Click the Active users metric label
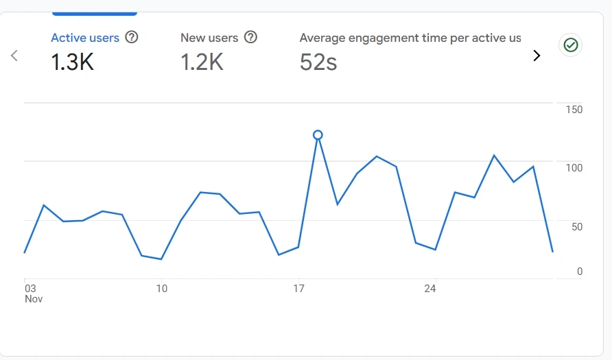coord(85,38)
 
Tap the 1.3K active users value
coord(72,63)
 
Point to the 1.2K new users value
coord(202,63)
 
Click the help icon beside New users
coord(251,37)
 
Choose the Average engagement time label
coord(410,38)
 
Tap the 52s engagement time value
coord(318,63)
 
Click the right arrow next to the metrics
coord(537,56)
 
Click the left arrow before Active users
coord(14,56)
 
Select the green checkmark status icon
coord(571,45)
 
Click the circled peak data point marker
coord(318,135)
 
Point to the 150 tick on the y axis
coord(574,110)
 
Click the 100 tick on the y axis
coord(574,168)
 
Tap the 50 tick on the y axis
coord(576,227)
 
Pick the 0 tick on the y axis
coord(579,272)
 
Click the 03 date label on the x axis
coord(30,289)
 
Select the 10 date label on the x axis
coord(161,289)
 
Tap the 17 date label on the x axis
coord(298,289)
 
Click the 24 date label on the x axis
coord(430,289)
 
